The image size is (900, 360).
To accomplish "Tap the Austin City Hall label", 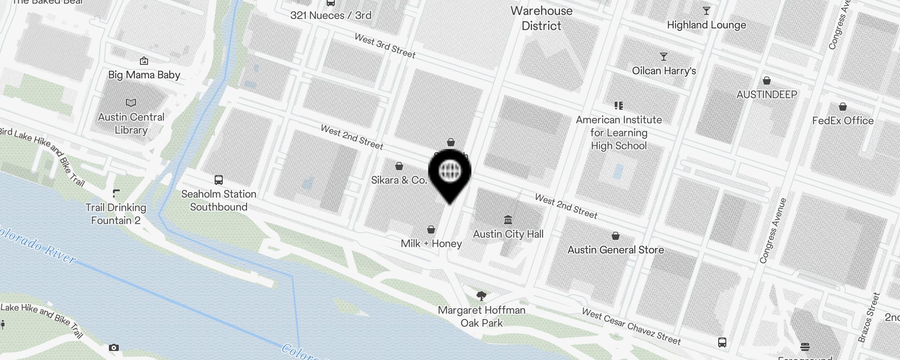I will tap(508, 234).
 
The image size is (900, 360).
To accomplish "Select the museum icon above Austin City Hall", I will tap(508, 220).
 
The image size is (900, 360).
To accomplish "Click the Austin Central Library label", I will tap(131, 123).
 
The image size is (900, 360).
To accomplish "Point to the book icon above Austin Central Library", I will tap(131, 103).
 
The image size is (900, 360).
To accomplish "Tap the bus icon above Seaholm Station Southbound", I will tap(219, 180).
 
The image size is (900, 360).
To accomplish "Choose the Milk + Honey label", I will tap(431, 243).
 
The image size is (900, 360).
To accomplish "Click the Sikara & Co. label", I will tap(399, 180).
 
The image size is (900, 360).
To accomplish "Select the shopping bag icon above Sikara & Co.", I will tap(399, 166).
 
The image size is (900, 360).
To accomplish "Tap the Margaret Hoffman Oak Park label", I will tap(481, 316).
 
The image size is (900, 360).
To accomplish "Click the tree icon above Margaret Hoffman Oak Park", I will tap(481, 296).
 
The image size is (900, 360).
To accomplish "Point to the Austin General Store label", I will tap(616, 250).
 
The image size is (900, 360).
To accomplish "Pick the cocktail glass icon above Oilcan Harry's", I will tap(664, 57).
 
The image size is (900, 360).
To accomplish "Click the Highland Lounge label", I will tap(706, 25).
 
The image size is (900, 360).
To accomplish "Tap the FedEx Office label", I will tap(843, 121).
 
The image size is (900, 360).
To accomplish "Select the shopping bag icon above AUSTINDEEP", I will tap(767, 81).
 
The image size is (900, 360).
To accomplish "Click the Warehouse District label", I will tap(542, 18).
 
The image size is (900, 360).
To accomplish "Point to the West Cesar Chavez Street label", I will tap(631, 326).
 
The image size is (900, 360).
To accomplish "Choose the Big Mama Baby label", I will tap(144, 75).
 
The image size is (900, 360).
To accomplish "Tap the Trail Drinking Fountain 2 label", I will tap(116, 214).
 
